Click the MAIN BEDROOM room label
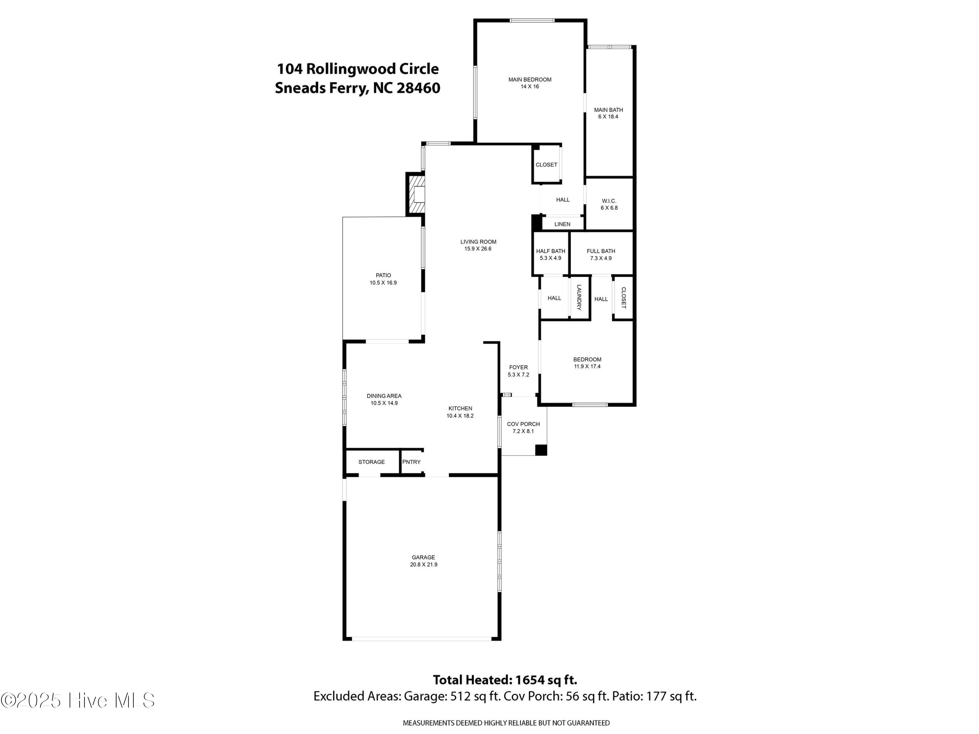(530, 80)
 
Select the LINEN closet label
(563, 224)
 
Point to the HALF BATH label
(551, 251)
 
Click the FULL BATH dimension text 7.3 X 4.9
(601, 258)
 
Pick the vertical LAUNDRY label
(579, 297)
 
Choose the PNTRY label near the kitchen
(411, 462)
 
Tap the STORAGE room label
(371, 462)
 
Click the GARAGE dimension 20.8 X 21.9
(424, 565)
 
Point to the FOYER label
(518, 367)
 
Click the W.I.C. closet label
(609, 201)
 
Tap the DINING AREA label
(384, 396)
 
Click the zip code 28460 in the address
(418, 88)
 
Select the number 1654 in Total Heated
(528, 680)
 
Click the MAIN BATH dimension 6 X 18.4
(608, 117)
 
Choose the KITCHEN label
(460, 408)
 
